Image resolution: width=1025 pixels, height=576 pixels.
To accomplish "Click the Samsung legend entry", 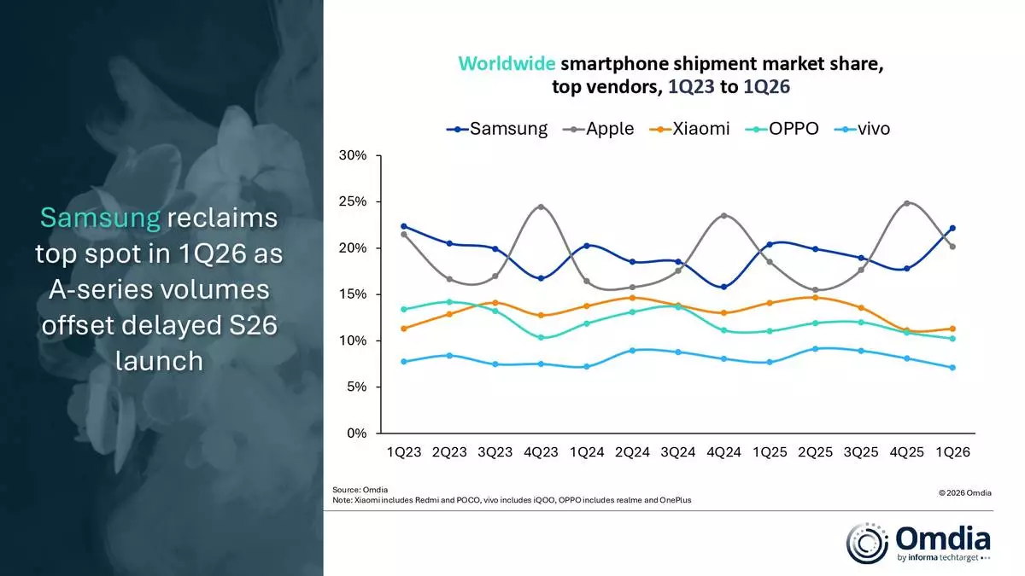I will [x=497, y=130].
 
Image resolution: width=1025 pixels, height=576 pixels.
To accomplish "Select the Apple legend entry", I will [x=598, y=130].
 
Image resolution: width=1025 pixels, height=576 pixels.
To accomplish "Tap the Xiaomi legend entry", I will [x=689, y=130].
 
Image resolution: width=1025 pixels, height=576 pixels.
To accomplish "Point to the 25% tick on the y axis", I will [x=354, y=202].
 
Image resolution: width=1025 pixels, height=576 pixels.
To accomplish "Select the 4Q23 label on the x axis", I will [x=542, y=451].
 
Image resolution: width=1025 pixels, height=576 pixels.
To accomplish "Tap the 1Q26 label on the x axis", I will [x=952, y=451].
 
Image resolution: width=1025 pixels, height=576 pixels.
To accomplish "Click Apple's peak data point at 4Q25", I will [x=906, y=204].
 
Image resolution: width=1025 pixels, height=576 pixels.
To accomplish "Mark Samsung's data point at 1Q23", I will [x=404, y=226].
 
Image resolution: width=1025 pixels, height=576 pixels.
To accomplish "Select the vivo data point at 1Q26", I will [x=952, y=368].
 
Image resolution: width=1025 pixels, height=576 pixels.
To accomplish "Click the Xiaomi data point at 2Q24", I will [x=632, y=298].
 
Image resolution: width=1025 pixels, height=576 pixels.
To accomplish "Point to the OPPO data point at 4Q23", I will [x=542, y=338].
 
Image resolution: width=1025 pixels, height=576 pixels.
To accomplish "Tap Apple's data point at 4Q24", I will [x=724, y=216].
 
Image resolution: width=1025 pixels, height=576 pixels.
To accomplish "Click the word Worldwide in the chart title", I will [x=508, y=64].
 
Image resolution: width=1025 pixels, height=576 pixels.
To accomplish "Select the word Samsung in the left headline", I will [x=100, y=218].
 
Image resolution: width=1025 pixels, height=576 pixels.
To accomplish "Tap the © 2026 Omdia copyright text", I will [x=964, y=493].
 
